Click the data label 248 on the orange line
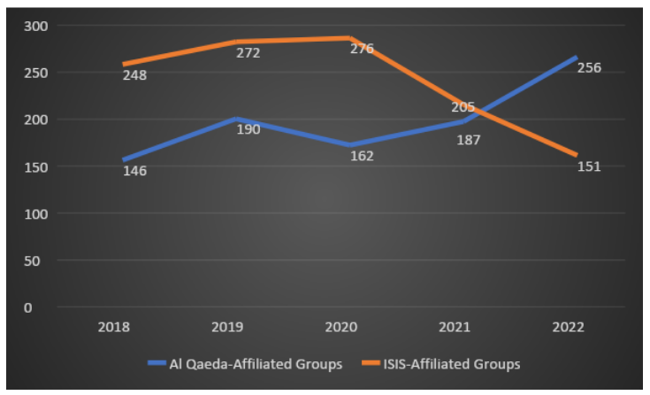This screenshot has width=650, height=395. pos(134,75)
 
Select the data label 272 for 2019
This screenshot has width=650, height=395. pos(248,53)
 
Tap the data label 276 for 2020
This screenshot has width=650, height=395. pos(362,49)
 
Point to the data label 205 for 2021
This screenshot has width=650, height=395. pos(463,107)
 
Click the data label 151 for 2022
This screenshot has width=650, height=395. pos(588,166)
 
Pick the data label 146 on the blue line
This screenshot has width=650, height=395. pos(134,170)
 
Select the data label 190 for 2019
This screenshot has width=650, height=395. pos(249,129)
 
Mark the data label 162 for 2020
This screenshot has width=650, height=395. pos(362,156)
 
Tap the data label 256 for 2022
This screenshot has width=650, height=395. pos(589,67)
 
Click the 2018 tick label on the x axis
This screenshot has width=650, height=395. pos(114,327)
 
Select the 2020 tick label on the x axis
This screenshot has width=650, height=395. pos(341,327)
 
